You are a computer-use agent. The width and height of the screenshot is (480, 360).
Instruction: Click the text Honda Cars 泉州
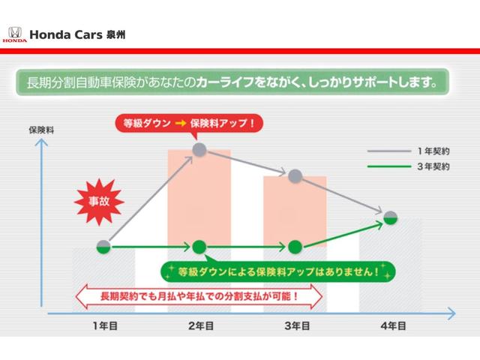(73, 34)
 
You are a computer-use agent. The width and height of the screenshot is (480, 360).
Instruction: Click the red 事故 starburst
(96, 201)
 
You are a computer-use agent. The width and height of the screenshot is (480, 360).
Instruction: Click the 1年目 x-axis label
(103, 325)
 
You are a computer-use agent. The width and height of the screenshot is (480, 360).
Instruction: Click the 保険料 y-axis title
(40, 129)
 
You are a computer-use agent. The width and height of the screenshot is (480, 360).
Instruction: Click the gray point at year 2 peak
(199, 150)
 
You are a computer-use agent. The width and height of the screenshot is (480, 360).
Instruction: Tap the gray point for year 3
(295, 175)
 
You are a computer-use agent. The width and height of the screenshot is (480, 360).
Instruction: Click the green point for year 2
(199, 246)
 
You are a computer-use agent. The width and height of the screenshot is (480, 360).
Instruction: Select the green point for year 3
(295, 246)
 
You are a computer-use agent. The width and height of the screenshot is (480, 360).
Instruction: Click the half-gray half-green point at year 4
(390, 217)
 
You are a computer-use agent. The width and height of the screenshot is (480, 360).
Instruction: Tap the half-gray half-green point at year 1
(103, 246)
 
